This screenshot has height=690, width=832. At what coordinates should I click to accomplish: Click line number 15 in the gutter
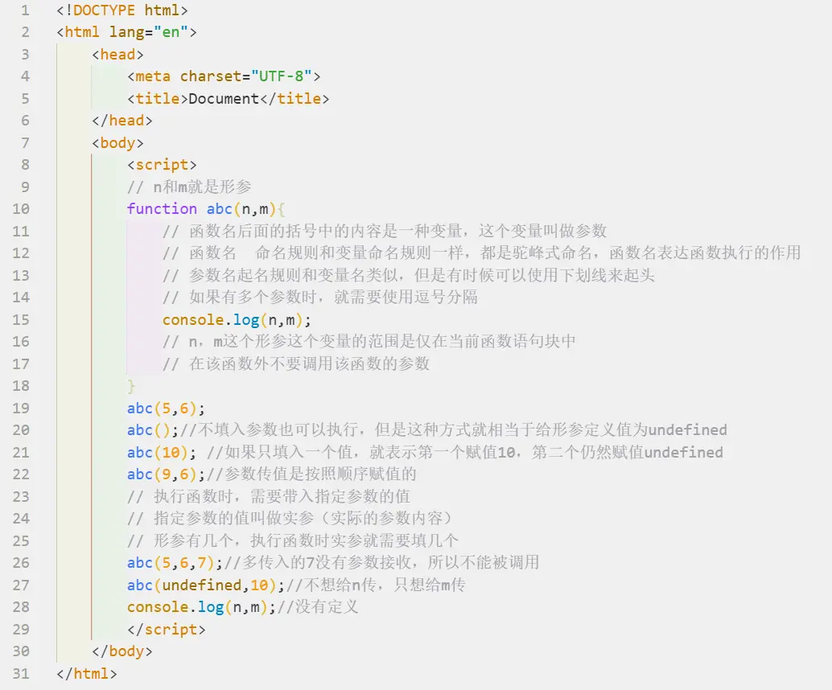click(21, 319)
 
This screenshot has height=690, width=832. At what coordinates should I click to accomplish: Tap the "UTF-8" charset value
click(282, 76)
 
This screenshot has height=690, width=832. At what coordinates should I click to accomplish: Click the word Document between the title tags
click(224, 99)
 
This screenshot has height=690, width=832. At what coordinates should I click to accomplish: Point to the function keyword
click(162, 209)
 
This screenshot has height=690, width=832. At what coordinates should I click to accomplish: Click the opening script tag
click(162, 165)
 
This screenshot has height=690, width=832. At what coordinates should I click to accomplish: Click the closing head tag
click(122, 121)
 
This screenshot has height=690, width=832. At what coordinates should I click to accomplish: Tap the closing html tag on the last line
click(87, 673)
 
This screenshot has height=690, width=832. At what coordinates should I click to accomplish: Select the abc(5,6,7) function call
click(175, 562)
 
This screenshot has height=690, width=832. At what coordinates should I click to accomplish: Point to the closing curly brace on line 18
click(131, 385)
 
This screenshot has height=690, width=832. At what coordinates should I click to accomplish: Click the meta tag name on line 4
click(153, 76)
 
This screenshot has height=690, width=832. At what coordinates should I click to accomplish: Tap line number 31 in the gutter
click(21, 673)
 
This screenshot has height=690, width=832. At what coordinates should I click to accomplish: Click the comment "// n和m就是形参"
click(189, 187)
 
